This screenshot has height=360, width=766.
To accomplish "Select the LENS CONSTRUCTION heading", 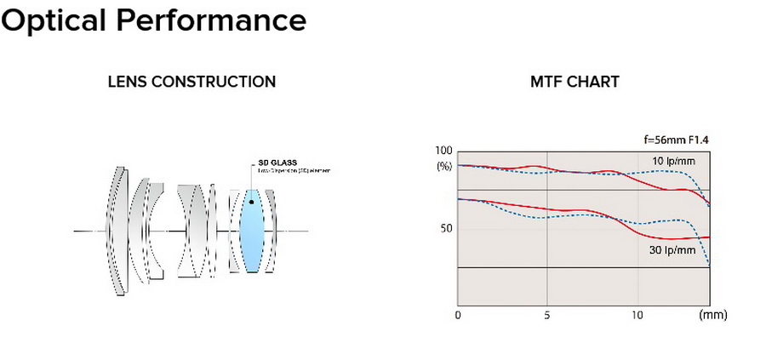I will click(191, 83).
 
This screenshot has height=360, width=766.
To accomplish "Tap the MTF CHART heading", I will click(574, 83).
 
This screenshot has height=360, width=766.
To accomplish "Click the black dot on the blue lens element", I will click(252, 202).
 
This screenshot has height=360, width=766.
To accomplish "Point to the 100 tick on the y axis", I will click(443, 151).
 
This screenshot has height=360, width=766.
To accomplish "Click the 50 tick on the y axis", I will click(446, 229).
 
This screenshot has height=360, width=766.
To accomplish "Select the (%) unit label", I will click(444, 166).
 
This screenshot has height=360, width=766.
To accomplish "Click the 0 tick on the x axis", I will click(458, 315).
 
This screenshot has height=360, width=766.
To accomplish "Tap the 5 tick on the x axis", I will click(546, 315).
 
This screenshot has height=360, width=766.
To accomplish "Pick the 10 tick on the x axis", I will click(637, 315).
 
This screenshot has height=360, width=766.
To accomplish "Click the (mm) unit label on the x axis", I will click(712, 315).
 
